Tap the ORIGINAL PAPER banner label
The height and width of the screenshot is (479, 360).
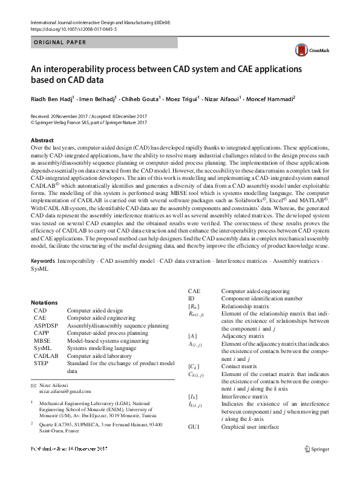59,42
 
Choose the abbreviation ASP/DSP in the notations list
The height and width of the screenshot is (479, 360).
46,325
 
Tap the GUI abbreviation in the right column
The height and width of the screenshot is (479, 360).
194,428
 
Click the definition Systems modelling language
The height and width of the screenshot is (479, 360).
102,348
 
